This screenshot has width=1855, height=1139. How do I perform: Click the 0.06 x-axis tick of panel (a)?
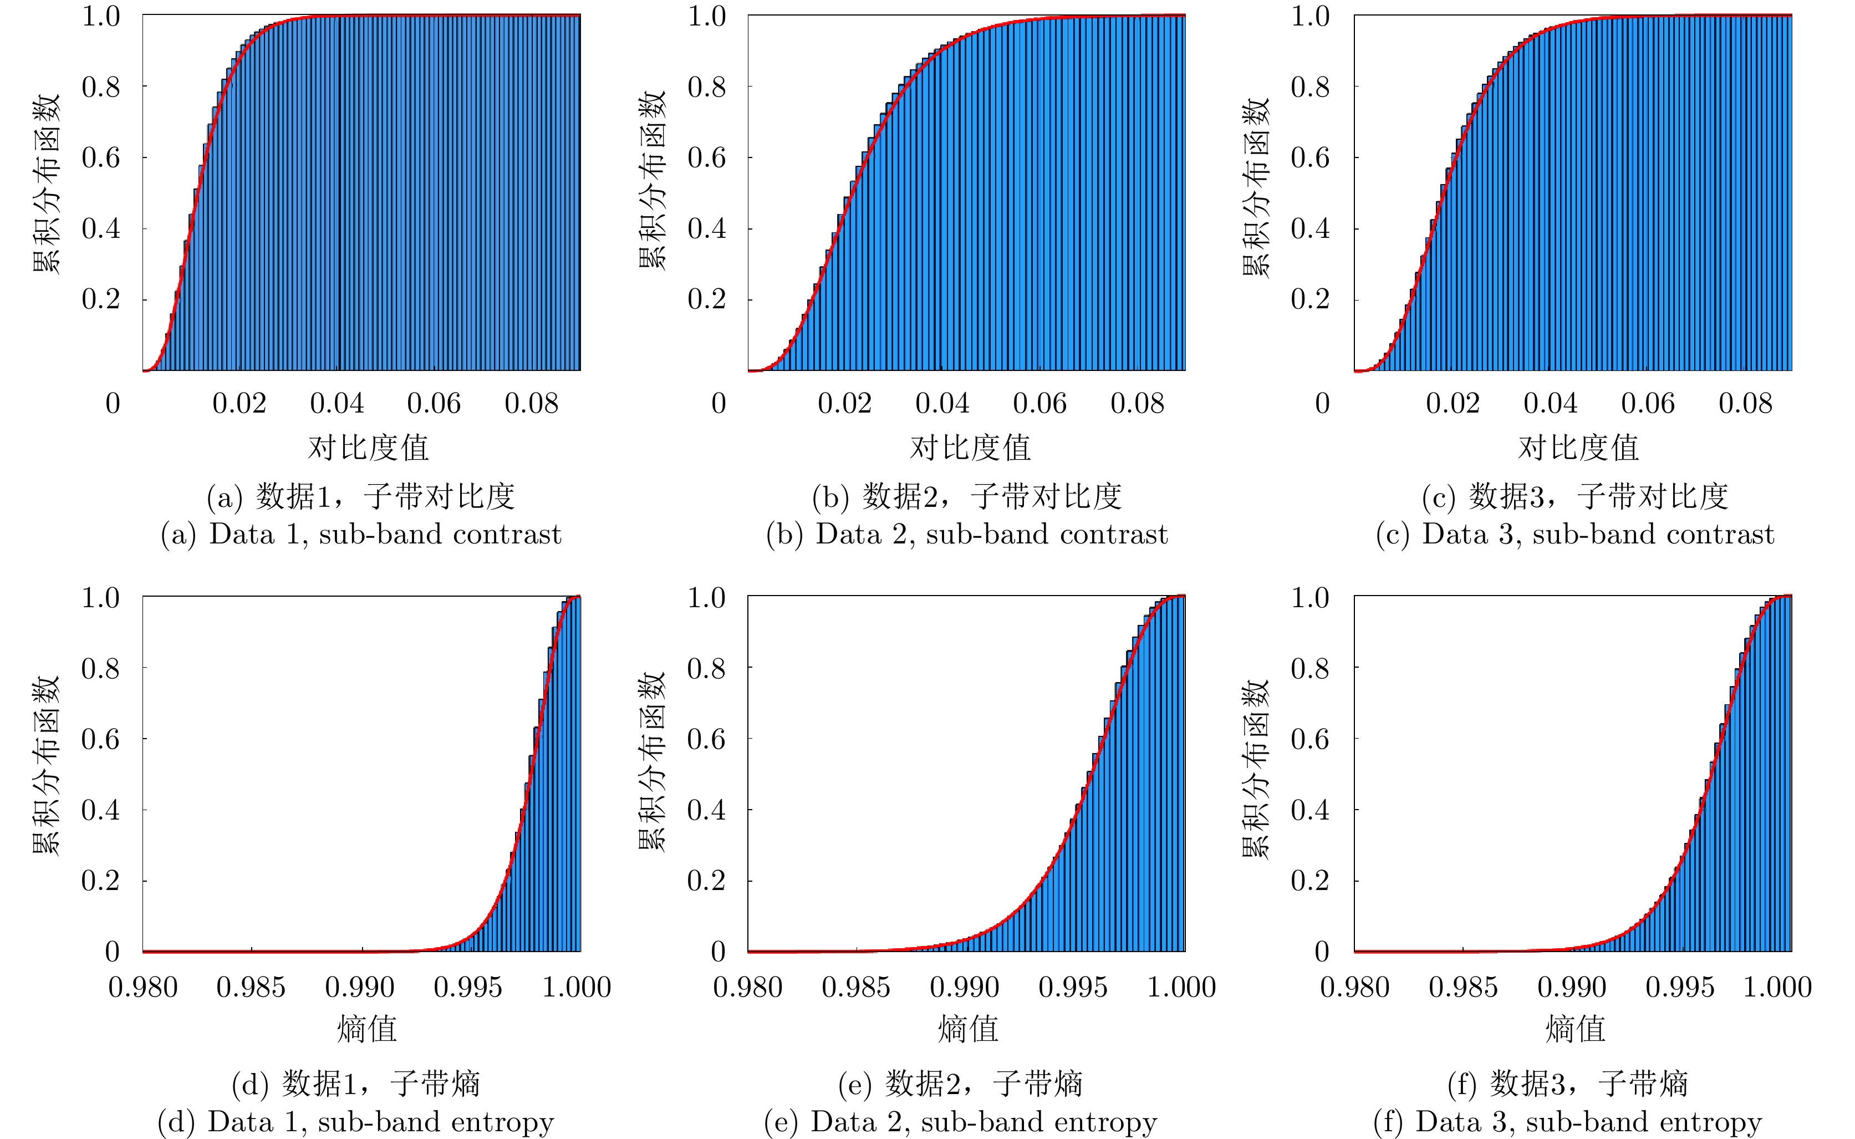(x=434, y=404)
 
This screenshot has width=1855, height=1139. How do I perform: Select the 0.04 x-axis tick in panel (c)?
(x=1550, y=404)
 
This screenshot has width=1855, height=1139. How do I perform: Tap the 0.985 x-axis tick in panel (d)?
(x=251, y=987)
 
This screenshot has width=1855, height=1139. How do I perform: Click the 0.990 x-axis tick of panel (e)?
(x=964, y=987)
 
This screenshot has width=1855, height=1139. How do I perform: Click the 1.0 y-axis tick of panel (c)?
(x=1311, y=16)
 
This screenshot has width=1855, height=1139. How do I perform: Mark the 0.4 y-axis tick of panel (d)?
(x=100, y=810)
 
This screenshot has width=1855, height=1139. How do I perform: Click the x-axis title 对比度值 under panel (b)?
(x=970, y=448)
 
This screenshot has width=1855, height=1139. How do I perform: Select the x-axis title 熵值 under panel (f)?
(x=1576, y=1029)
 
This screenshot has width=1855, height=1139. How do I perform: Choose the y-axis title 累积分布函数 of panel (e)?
(x=652, y=761)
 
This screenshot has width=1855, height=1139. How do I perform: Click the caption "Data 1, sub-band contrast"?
(x=361, y=534)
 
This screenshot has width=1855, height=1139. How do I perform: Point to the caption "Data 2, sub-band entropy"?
(x=960, y=1122)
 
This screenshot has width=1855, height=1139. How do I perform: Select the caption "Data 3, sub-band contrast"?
(x=1575, y=534)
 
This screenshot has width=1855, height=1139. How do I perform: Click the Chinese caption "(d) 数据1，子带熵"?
(x=355, y=1084)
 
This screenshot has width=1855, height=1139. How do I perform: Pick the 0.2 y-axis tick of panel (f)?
(x=1311, y=881)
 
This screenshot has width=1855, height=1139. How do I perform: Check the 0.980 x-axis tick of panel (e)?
(x=748, y=987)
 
